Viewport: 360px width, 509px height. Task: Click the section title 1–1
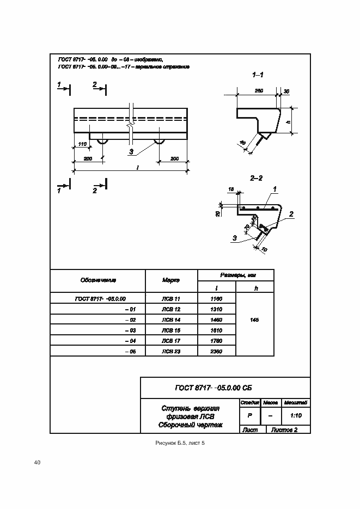tap(258, 74)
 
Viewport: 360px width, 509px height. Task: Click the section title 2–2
tap(257, 178)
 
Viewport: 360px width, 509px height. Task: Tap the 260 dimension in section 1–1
tap(259, 91)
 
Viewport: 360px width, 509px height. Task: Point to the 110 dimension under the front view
tap(83, 144)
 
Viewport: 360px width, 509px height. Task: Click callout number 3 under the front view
tap(131, 151)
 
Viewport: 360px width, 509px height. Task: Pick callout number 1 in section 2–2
tap(275, 189)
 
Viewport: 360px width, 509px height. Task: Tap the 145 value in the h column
tap(254, 320)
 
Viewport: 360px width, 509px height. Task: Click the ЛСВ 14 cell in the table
tap(170, 320)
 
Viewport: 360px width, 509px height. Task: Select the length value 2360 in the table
tap(216, 351)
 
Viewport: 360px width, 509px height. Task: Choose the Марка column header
tap(170, 280)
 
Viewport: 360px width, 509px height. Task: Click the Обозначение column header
tap(98, 280)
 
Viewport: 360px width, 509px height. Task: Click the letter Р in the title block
tap(249, 415)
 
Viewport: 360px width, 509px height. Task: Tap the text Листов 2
tap(284, 430)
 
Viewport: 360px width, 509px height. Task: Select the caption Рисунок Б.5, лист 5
tap(180, 444)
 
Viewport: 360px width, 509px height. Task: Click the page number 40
tap(37, 463)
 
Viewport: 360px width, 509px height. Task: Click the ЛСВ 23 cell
tap(170, 351)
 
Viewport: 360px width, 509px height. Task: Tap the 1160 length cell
tap(216, 298)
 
